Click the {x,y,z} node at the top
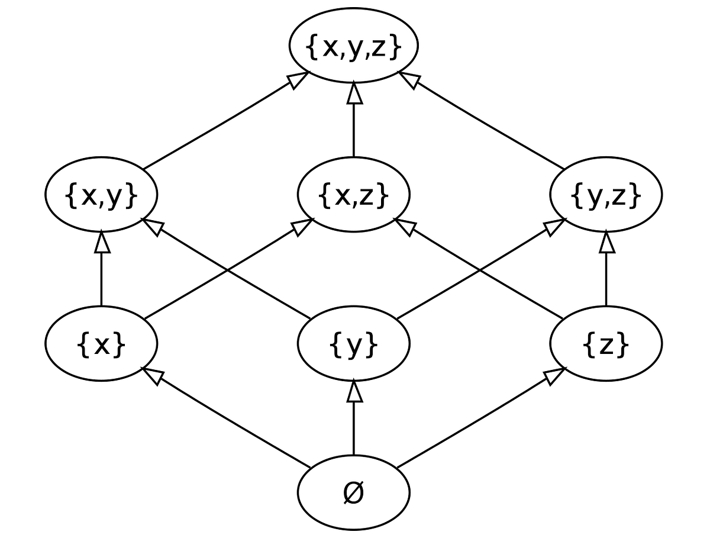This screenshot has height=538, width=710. (354, 46)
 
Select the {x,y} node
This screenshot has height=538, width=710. (101, 195)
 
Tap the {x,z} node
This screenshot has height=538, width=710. (354, 195)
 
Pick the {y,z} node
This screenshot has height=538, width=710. (606, 195)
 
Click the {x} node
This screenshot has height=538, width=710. (101, 344)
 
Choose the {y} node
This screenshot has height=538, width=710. (354, 344)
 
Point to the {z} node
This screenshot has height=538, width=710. (606, 344)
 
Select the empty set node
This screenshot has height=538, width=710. (354, 492)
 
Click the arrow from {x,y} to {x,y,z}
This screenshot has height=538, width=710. (225, 121)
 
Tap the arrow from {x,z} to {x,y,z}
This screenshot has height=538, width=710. (354, 121)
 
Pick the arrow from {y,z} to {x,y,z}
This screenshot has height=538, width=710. (482, 121)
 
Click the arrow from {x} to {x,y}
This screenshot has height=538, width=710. (102, 269)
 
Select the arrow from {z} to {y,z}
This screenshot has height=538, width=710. (606, 269)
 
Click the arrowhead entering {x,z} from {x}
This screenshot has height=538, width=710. (304, 225)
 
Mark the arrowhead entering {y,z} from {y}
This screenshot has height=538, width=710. (556, 225)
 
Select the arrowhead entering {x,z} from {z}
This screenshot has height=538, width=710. (404, 225)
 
